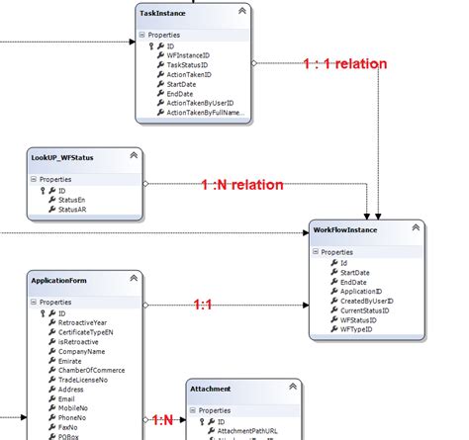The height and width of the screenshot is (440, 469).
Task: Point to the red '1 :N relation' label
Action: tap(242, 184)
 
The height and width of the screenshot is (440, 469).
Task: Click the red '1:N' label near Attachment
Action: tap(162, 420)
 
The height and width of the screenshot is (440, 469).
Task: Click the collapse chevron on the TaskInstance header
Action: tap(241, 11)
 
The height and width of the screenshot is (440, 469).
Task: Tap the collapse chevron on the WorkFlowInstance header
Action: tap(417, 230)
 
